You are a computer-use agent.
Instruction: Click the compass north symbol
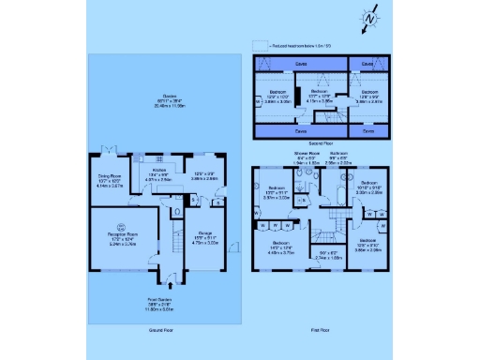coord(372,18)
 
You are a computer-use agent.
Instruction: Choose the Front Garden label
coord(163,303)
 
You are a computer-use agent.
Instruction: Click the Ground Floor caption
coord(162,331)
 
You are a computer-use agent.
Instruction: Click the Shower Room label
coord(307,153)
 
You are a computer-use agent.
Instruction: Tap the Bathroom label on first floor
coord(339,153)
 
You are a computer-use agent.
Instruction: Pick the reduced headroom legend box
coord(260,45)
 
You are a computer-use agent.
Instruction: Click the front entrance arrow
coord(169,279)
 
